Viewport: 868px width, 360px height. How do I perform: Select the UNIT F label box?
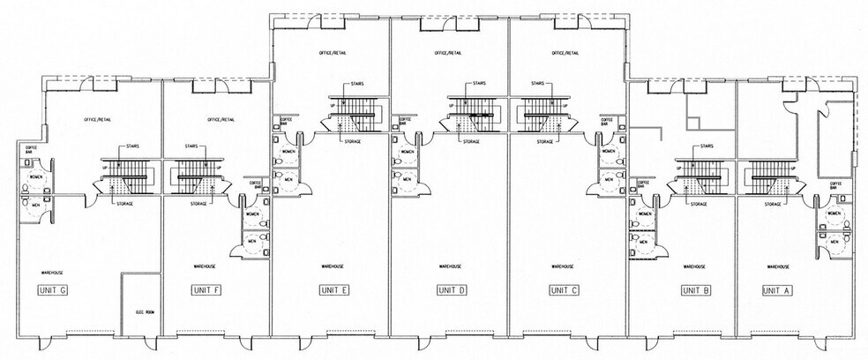point(206,289)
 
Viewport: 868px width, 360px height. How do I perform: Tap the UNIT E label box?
point(334,289)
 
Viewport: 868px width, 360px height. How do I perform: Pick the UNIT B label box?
point(695,289)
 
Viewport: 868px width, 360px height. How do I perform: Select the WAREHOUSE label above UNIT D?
point(451,266)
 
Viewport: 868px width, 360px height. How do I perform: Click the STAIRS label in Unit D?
point(478,84)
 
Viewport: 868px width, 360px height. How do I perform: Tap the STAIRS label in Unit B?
point(706,146)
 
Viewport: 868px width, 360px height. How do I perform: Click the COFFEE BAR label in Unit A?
point(835,186)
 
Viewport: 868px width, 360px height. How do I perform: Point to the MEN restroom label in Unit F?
point(250,240)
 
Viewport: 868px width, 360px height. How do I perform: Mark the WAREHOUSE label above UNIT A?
point(778,266)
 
